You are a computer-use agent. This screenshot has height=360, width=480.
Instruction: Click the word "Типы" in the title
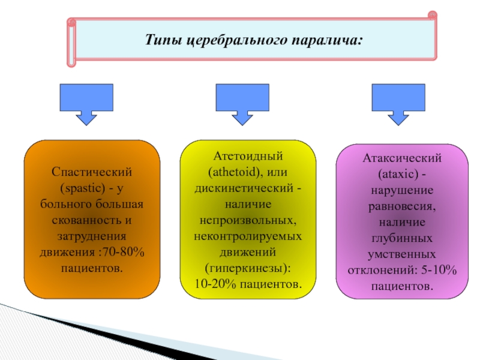tap(163, 40)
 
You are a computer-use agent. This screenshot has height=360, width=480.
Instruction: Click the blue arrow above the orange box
tap(86, 104)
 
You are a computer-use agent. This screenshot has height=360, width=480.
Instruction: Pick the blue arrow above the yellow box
tap(242, 104)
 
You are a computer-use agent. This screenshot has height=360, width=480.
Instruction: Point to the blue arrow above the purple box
tap(398, 104)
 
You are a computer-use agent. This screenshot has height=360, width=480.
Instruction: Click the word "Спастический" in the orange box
tap(92, 172)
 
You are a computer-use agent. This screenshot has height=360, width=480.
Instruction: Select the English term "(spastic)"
tap(83, 188)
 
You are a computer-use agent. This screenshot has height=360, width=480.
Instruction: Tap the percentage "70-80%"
tap(124, 252)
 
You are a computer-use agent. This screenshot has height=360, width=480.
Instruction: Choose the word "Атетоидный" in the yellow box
tap(248, 156)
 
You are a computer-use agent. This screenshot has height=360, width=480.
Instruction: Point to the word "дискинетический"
tap(244, 188)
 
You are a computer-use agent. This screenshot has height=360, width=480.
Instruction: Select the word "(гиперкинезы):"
tap(248, 268)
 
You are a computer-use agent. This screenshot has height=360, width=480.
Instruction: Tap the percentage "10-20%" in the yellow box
tap(215, 284)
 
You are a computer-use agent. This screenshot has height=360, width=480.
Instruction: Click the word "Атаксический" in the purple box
tap(402, 158)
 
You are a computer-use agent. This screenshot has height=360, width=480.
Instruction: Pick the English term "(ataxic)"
tap(398, 174)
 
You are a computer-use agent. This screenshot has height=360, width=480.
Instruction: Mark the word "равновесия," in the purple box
tap(402, 206)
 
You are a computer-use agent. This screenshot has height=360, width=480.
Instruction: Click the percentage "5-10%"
tap(439, 270)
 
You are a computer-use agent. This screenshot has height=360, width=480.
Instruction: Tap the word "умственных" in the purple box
tap(401, 254)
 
